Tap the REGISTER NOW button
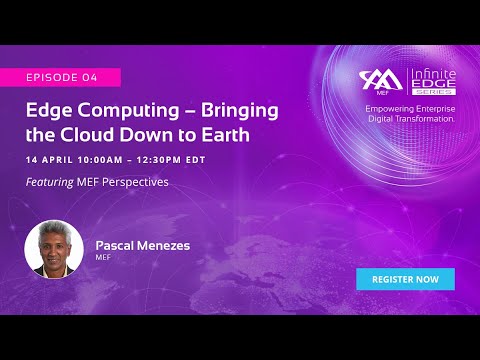405,279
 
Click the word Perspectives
137,182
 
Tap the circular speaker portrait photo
54,247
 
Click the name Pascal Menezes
143,244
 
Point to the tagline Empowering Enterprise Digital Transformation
410,113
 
